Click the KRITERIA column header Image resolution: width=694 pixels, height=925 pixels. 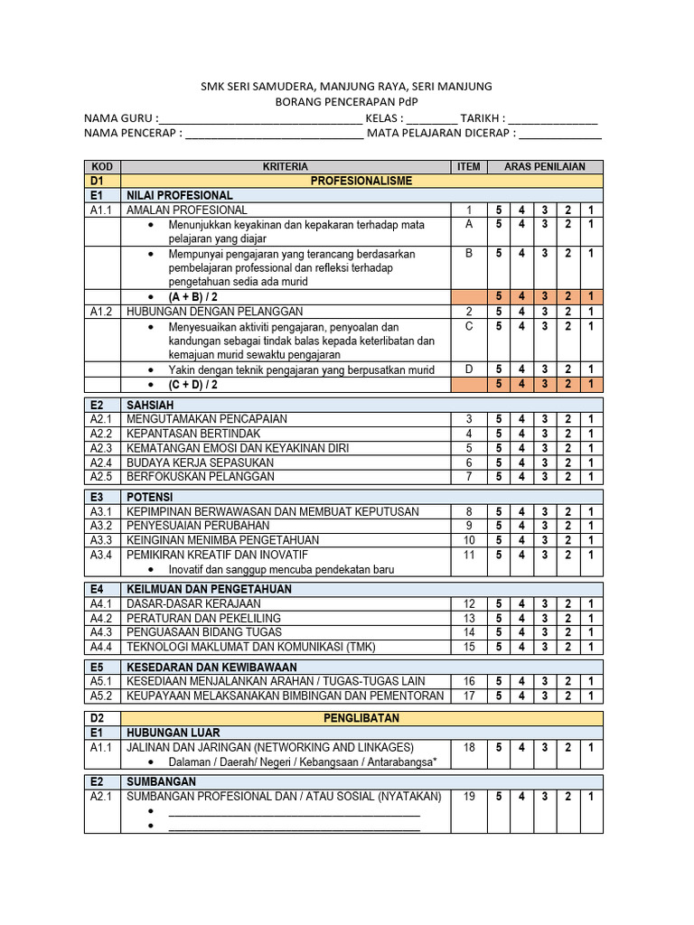286,166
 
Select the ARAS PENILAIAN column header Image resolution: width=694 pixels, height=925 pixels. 545,166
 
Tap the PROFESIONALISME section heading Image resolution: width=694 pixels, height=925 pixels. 361,181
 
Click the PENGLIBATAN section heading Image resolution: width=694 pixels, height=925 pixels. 361,717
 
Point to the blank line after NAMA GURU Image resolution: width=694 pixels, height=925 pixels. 259,118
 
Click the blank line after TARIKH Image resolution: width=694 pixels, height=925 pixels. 553,118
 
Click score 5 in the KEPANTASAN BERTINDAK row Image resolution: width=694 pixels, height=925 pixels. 498,434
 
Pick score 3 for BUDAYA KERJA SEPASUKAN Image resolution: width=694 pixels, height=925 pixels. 545,462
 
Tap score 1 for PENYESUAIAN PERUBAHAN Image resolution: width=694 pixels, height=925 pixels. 591,526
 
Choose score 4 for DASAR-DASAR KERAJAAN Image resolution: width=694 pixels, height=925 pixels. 521,603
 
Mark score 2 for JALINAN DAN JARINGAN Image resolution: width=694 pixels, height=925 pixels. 568,747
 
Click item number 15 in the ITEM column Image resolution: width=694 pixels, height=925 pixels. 469,647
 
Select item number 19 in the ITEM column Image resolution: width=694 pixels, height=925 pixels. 469,796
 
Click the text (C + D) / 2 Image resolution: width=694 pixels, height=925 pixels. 192,384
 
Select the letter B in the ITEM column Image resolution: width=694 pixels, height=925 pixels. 469,254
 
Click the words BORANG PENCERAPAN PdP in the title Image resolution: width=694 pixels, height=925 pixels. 347,102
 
